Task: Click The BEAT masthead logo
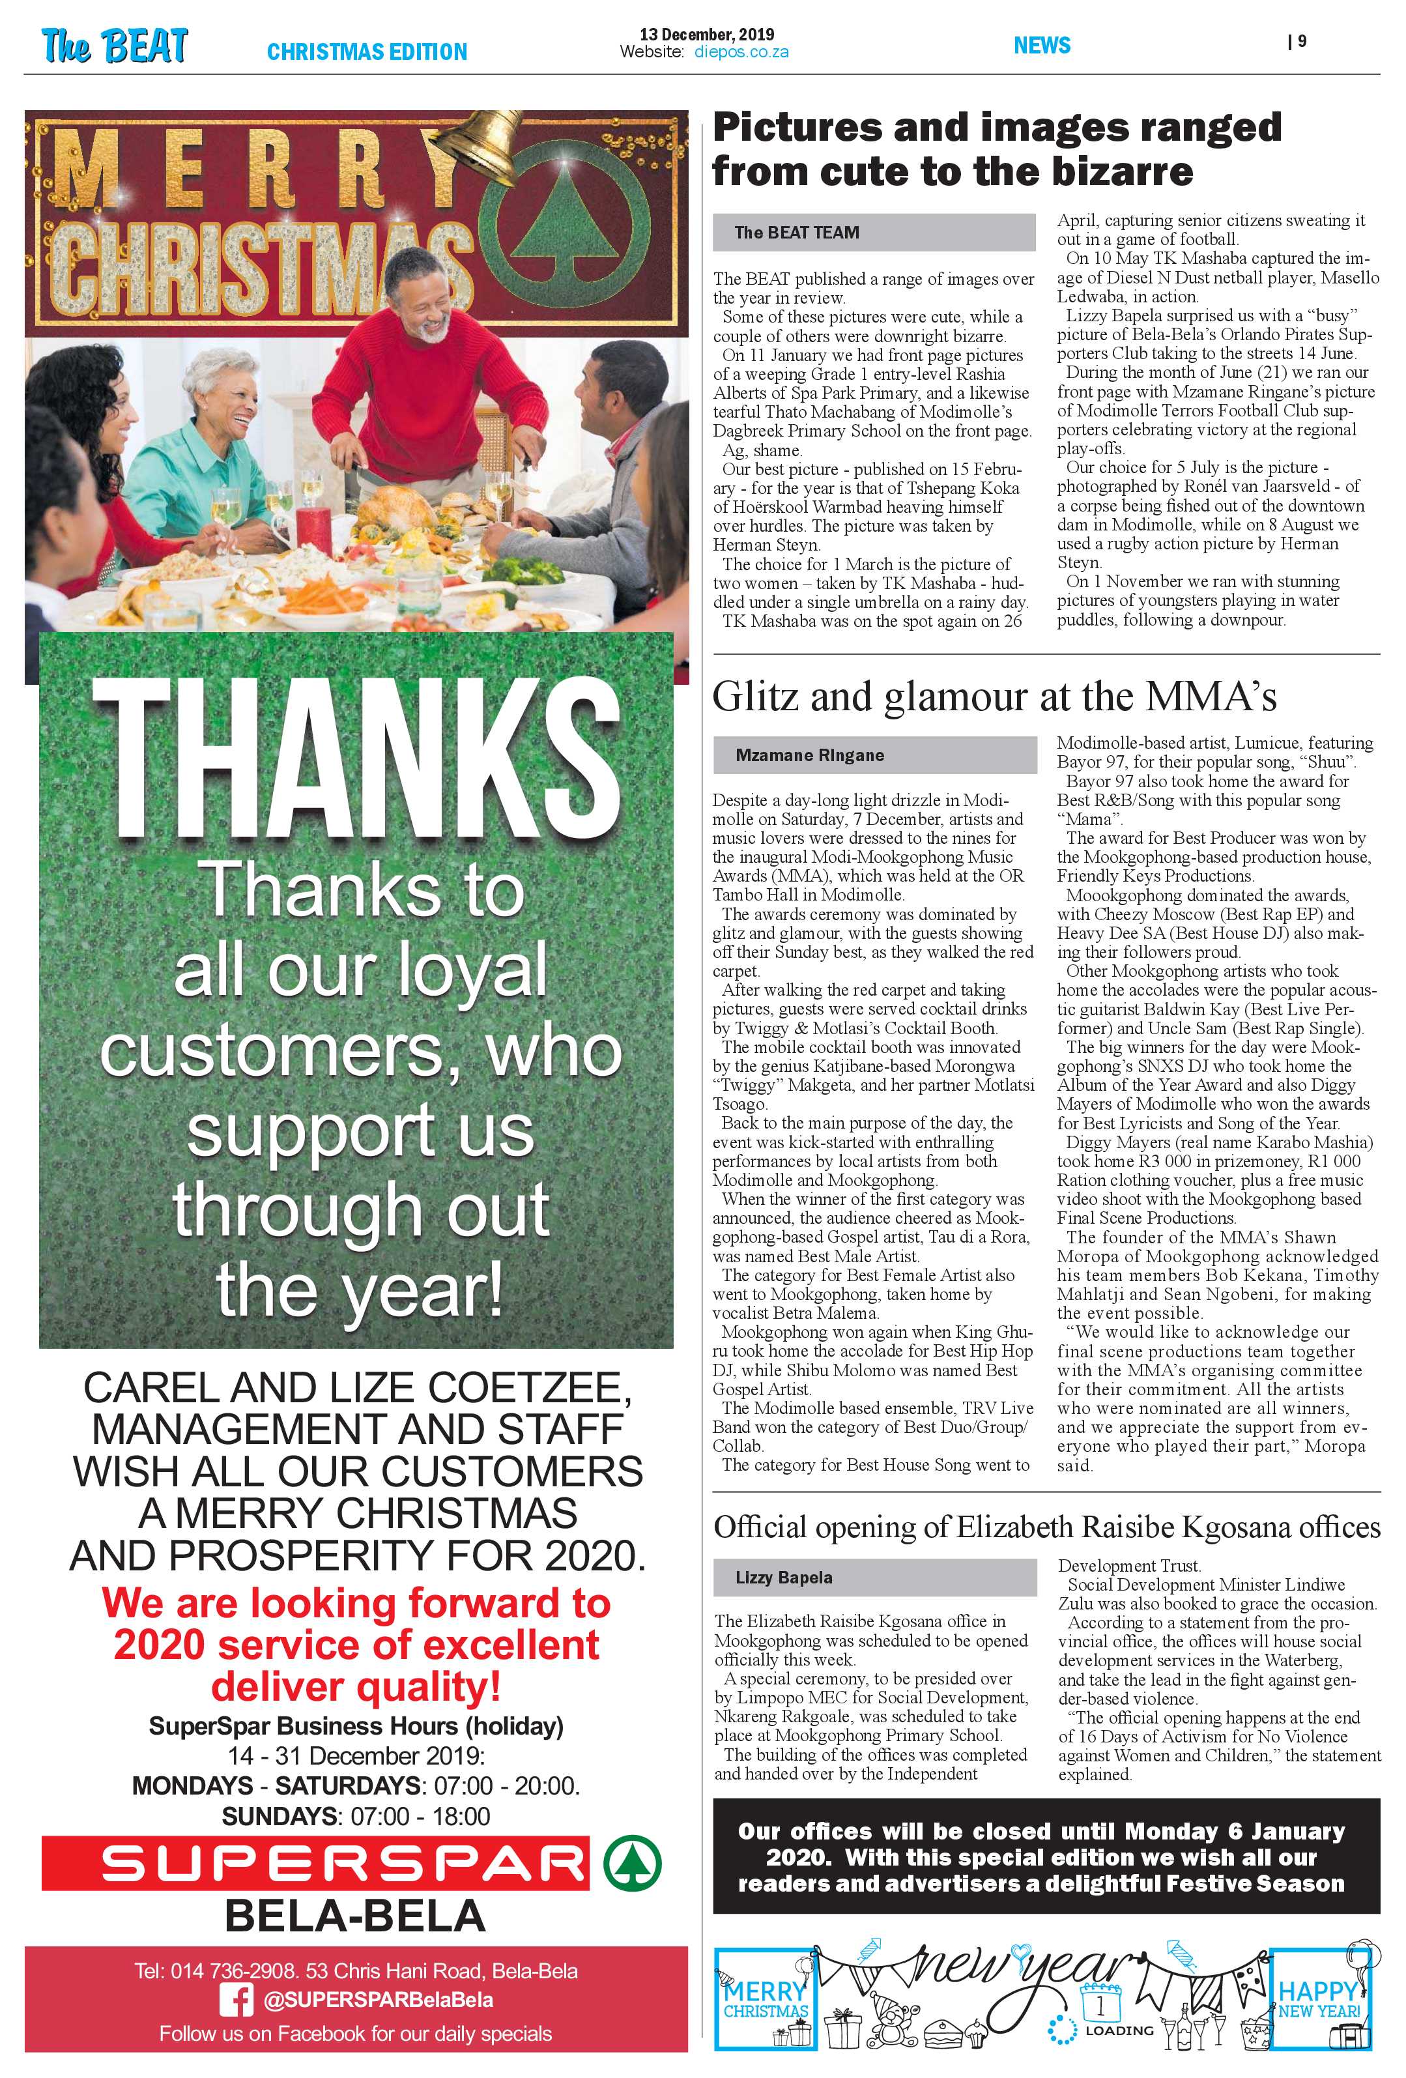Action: pyautogui.click(x=115, y=45)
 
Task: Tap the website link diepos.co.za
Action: pyautogui.click(x=741, y=53)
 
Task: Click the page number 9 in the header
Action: pyautogui.click(x=1300, y=41)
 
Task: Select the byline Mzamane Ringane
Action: pyautogui.click(x=810, y=756)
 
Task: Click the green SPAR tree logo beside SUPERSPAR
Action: pyautogui.click(x=632, y=1864)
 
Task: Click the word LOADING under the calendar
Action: pyautogui.click(x=1118, y=2030)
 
